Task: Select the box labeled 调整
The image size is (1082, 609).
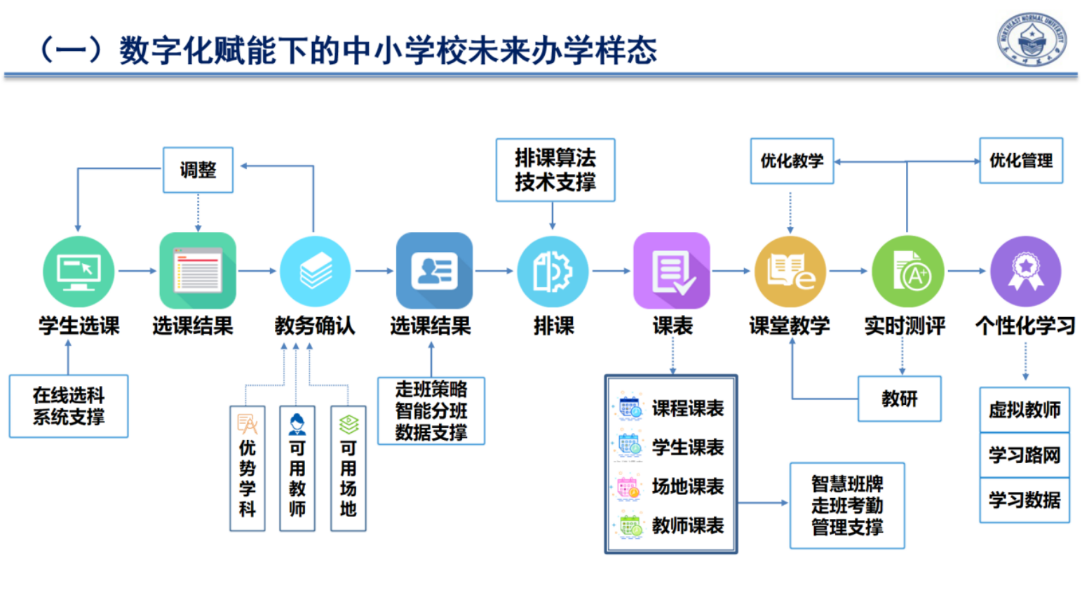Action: [198, 170]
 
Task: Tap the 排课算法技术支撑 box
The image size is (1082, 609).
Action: [555, 170]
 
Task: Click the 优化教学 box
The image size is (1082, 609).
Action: [792, 161]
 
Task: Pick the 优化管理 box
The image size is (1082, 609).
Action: [1020, 161]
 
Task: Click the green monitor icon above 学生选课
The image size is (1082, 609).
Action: [78, 272]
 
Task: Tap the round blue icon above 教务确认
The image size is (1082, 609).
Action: [315, 272]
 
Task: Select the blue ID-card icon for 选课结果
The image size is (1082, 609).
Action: [434, 271]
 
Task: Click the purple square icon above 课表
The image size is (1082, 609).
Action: [671, 271]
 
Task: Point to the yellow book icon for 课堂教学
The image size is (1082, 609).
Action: [790, 272]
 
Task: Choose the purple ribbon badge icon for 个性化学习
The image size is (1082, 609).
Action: [1025, 272]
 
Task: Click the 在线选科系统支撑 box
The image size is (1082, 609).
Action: [69, 406]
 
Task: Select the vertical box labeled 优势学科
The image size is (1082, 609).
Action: [248, 468]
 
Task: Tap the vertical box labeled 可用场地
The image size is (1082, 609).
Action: [349, 468]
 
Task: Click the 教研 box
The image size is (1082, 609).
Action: [899, 399]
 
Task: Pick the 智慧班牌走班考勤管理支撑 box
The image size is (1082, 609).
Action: [847, 505]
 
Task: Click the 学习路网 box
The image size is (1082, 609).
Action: [1024, 455]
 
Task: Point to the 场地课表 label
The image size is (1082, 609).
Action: [687, 486]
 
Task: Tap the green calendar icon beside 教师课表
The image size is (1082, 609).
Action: [629, 526]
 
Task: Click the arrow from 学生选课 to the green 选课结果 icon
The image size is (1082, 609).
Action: [137, 271]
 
